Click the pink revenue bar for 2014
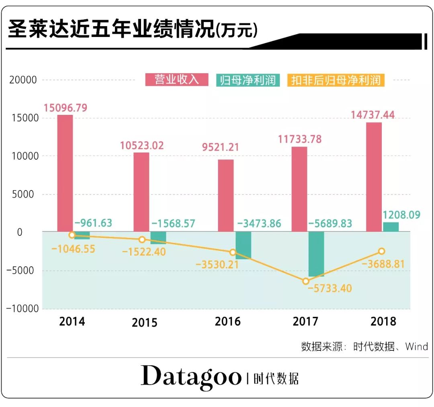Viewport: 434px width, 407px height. [65, 173]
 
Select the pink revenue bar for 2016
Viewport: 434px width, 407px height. [225, 195]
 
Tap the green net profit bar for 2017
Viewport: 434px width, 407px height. [316, 254]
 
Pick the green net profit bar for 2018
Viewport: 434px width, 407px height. [391, 227]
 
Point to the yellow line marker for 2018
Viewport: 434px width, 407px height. [381, 251]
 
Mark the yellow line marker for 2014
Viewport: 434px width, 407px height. [72, 235]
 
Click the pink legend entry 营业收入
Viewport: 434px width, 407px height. [177, 80]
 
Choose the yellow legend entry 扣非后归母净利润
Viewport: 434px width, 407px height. [336, 80]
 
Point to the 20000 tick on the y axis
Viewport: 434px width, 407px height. [23, 80]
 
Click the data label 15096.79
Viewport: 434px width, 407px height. [66, 108]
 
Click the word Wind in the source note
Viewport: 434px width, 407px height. [416, 346]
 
